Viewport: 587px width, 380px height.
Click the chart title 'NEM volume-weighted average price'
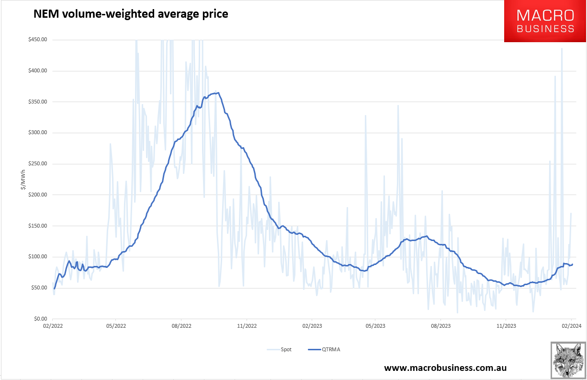[x=130, y=14]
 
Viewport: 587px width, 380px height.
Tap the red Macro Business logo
[x=545, y=21]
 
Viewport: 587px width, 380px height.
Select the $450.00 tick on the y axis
[x=37, y=40]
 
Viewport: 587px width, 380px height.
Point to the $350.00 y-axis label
[x=37, y=102]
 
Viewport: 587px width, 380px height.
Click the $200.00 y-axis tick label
[x=37, y=195]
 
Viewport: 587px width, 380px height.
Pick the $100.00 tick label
[x=37, y=257]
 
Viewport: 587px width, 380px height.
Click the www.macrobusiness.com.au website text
[x=445, y=368]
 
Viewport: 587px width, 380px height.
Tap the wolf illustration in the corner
[x=568, y=360]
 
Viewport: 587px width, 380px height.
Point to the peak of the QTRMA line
[x=218, y=93]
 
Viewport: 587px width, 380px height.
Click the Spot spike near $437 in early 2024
[x=562, y=48]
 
